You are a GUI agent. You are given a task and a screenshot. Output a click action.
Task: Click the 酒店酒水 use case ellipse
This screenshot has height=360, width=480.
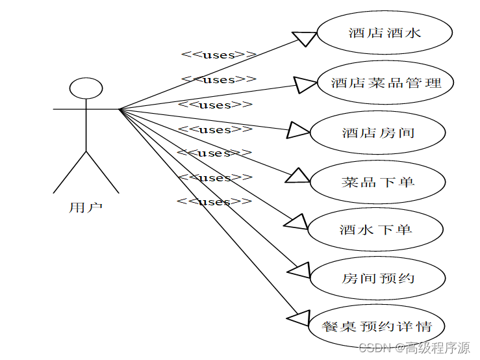click(385, 32)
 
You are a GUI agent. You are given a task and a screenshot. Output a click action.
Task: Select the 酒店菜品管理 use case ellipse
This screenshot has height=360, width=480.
click(386, 83)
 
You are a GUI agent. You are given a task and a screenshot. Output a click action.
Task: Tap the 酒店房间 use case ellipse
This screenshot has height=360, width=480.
click(378, 133)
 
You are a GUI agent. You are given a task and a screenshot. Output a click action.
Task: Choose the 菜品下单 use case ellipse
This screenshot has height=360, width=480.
click(378, 182)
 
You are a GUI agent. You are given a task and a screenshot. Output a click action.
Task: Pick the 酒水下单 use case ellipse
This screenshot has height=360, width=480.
click(375, 229)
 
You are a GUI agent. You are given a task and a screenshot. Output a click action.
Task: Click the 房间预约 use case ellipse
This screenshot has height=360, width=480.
click(378, 278)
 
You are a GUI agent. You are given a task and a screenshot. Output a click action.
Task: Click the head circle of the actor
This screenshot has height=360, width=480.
click(86, 88)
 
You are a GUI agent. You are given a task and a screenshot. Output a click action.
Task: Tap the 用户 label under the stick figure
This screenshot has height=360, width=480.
click(86, 208)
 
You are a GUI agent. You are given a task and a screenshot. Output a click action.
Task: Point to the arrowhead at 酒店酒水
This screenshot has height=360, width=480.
click(306, 38)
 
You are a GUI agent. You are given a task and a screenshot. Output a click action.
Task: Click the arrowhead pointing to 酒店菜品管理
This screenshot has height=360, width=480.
click(305, 84)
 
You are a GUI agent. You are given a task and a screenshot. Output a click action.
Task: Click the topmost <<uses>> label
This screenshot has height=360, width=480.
click(219, 55)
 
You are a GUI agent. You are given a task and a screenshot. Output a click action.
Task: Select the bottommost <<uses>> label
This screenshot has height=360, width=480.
click(214, 201)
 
